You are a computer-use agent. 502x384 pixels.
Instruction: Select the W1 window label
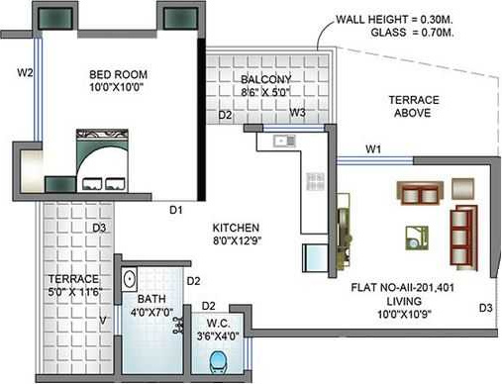[x=372, y=149]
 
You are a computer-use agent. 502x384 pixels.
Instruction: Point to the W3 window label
[x=297, y=114]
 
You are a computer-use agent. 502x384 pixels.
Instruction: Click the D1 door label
[x=175, y=209]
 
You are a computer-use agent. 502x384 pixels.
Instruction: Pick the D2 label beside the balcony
[x=226, y=116]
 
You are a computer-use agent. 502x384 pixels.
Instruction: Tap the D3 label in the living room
[x=484, y=307]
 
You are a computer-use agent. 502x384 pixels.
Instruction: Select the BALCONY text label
[x=265, y=80]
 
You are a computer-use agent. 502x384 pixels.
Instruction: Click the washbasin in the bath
[x=131, y=281]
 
